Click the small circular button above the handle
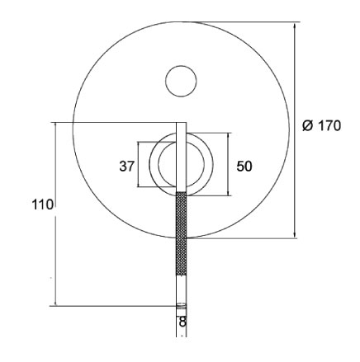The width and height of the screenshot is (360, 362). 182,80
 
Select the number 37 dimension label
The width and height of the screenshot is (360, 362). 126,166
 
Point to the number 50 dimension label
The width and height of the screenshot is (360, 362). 244,166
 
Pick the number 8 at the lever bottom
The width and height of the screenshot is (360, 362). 182,320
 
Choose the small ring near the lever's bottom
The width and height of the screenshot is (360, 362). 182,307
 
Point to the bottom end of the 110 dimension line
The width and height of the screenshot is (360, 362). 55,305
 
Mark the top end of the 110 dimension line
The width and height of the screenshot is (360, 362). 55,124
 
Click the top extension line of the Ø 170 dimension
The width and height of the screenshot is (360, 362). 248,22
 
